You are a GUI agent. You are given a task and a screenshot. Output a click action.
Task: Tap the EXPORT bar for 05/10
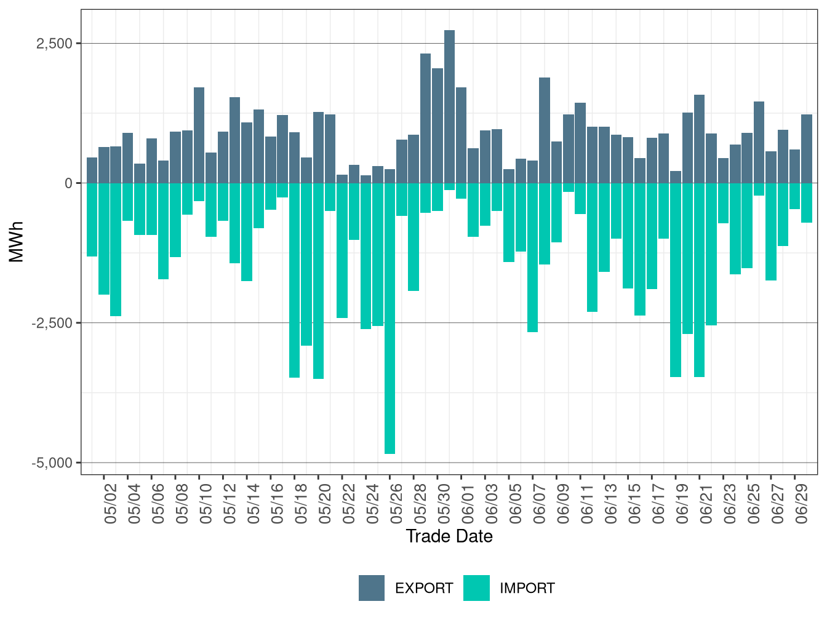click(199, 135)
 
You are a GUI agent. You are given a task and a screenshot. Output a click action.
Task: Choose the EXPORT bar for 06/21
click(699, 139)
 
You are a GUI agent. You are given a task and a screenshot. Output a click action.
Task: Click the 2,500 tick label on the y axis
click(54, 44)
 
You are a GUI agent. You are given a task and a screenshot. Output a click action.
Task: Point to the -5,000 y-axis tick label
click(52, 463)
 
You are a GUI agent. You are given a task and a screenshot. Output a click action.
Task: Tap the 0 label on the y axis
click(68, 183)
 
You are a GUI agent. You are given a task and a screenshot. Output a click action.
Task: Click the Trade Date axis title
click(449, 536)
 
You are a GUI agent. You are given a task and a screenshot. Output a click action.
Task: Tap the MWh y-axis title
click(17, 242)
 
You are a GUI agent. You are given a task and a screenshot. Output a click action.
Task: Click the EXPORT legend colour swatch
click(372, 588)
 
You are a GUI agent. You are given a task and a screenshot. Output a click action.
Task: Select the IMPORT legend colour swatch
click(476, 588)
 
